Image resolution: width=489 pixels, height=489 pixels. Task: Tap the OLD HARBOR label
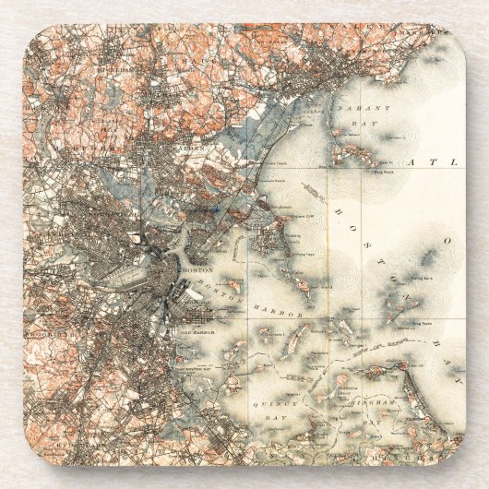(x=196, y=323)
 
